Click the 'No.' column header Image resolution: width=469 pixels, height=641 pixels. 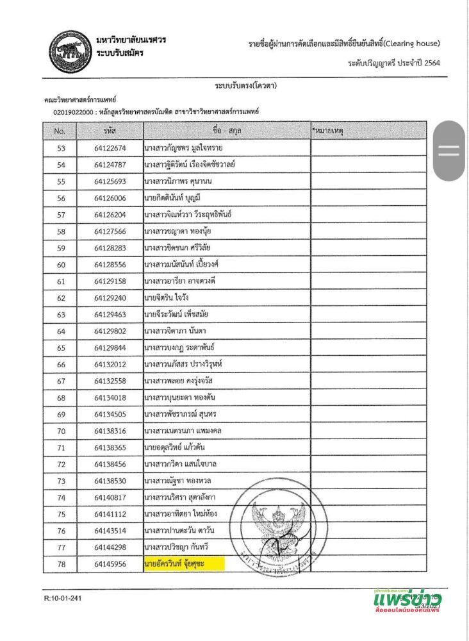[x=60, y=131]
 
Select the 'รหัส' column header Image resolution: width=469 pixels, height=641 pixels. [x=110, y=131]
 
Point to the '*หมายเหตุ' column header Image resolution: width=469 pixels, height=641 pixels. [x=328, y=131]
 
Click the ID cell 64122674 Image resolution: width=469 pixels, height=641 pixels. [x=110, y=148]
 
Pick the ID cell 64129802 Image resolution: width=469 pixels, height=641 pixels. [x=110, y=331]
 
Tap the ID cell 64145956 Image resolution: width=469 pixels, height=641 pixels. [x=110, y=564]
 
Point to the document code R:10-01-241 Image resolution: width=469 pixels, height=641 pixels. [x=63, y=598]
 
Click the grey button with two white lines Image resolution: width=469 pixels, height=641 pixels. [x=448, y=151]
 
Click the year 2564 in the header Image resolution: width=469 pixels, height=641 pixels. [x=431, y=63]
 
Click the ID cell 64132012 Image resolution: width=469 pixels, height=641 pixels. [x=110, y=365]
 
